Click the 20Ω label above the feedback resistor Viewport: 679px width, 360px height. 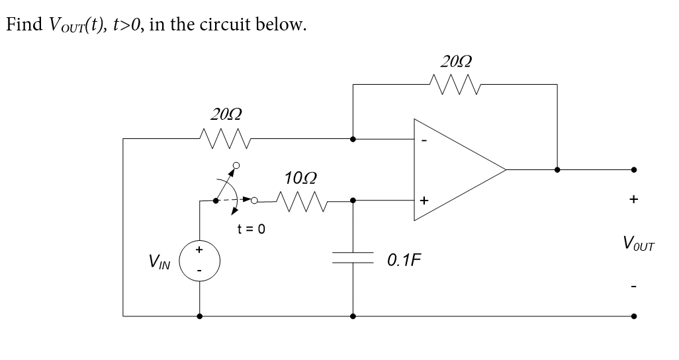coord(456,61)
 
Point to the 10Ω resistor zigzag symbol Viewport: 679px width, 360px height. coord(299,199)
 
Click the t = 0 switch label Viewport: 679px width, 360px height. coord(251,230)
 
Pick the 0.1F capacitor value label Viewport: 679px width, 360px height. coord(404,259)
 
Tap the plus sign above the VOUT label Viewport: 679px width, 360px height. coord(634,199)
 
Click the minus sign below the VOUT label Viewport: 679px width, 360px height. coord(634,286)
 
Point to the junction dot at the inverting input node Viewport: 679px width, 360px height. coord(352,139)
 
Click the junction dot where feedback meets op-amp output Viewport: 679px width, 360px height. coord(557,169)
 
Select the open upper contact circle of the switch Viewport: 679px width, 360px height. coord(235,165)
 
